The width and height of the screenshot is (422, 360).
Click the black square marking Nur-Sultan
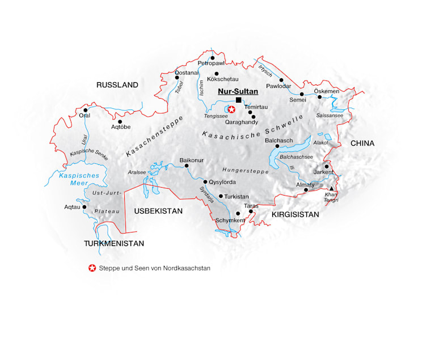(x=238, y=100)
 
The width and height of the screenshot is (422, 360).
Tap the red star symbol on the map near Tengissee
(x=231, y=109)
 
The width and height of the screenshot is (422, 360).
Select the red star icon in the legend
(x=92, y=268)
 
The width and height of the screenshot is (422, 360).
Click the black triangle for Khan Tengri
(x=332, y=188)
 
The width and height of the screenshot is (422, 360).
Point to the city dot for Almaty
(x=306, y=190)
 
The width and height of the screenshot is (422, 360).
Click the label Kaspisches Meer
(x=79, y=179)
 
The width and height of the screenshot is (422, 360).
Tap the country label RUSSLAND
(x=117, y=85)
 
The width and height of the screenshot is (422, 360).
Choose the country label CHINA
(x=362, y=143)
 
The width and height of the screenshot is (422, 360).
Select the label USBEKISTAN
(x=158, y=211)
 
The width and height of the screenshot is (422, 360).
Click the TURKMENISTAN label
(x=113, y=244)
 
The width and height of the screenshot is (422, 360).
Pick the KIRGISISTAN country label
(x=296, y=215)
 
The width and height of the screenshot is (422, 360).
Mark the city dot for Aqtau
(x=85, y=207)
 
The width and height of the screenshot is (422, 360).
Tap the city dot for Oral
(x=85, y=110)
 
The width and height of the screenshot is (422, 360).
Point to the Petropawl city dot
(x=212, y=58)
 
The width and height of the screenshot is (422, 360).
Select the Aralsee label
(x=137, y=172)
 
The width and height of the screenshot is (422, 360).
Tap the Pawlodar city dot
(x=281, y=80)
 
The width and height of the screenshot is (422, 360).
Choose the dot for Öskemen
(x=320, y=97)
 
